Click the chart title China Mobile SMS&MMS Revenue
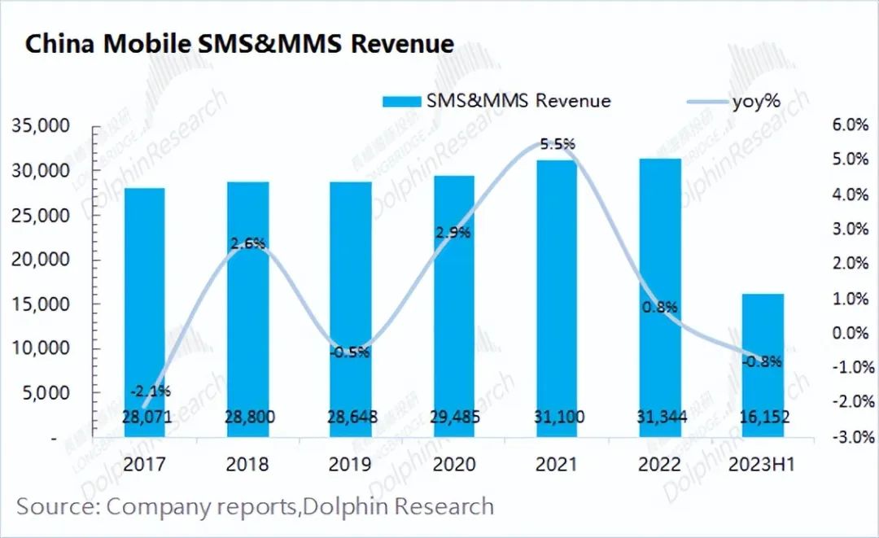239,43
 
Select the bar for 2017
144,309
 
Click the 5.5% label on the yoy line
558,144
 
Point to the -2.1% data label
150,391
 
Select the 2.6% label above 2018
248,243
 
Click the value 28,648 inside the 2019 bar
351,418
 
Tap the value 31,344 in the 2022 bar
659,418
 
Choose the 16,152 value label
763,418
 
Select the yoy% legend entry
758,101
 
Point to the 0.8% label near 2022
659,308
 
